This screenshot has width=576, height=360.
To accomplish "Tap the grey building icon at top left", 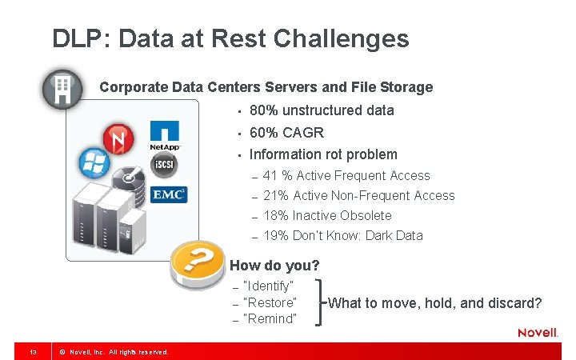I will point(62,89).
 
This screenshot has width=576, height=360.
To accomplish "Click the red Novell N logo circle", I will point(118,141).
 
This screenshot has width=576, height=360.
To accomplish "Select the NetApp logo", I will point(164,136).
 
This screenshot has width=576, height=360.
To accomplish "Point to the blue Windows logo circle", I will point(94,164).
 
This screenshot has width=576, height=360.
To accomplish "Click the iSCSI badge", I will point(164,165).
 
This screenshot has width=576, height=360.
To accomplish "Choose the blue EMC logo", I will point(169,194).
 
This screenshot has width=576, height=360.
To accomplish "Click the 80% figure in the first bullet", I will point(264,110).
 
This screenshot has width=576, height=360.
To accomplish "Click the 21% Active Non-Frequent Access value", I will point(275,196).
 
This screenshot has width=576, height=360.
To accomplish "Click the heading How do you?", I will point(274,266).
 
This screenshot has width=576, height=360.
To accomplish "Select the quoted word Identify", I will point(269,286).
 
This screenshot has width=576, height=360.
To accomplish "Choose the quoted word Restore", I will point(270,303).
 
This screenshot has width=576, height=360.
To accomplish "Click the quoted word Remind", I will point(270,319).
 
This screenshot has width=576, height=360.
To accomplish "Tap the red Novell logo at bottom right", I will point(538,333).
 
